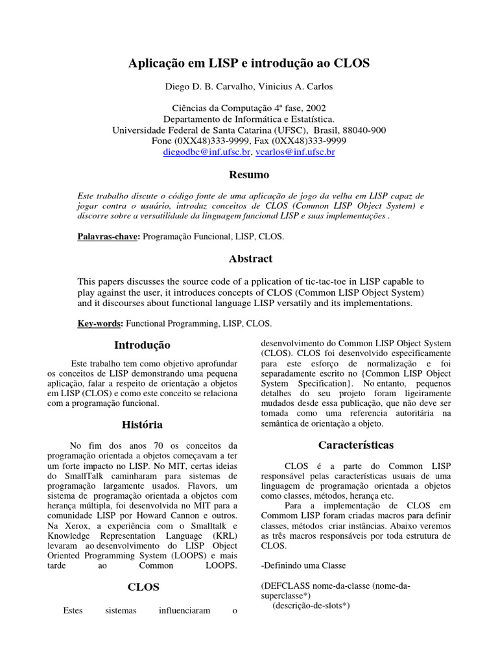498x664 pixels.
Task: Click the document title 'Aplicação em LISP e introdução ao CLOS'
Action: click(x=249, y=64)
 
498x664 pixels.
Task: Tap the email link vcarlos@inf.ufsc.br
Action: click(x=295, y=152)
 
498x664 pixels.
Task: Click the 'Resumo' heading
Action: click(x=249, y=174)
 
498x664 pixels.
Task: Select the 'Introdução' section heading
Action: click(x=142, y=345)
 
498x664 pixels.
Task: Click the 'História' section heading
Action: click(x=142, y=425)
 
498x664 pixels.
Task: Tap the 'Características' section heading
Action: click(x=355, y=445)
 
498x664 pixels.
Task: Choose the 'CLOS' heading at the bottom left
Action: click(x=143, y=587)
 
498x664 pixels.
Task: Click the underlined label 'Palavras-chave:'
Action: click(x=107, y=237)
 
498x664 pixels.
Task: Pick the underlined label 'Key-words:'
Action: click(x=101, y=323)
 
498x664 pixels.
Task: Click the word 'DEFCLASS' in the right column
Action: click(x=286, y=586)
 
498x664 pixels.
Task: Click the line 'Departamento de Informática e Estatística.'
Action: click(x=249, y=119)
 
